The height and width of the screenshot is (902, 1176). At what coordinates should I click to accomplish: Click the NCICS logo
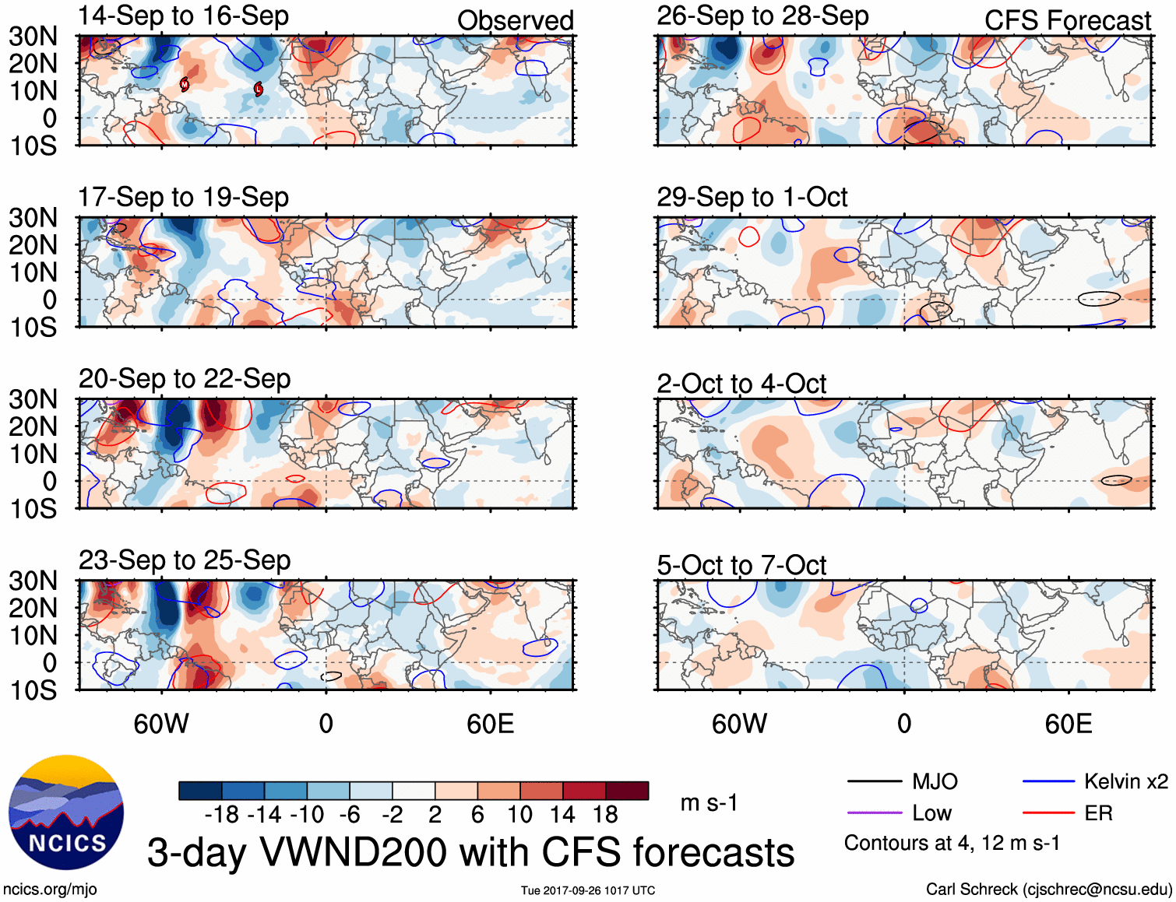point(66,813)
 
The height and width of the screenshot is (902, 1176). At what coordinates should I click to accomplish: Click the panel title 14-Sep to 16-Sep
point(184,16)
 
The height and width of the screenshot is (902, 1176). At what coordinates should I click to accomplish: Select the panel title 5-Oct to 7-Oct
point(741,565)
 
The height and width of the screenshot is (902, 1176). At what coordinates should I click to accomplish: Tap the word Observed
point(516,21)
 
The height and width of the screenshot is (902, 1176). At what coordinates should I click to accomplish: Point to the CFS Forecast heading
point(1068,21)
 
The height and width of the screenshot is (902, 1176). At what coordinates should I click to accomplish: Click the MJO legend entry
point(935,781)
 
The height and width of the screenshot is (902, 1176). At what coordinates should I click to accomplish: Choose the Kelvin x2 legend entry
point(1126,781)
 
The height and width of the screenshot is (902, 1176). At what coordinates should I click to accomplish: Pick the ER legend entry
point(1098,813)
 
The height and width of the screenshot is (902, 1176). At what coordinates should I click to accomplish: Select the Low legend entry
point(932,813)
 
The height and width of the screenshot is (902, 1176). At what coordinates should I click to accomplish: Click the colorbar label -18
point(222,815)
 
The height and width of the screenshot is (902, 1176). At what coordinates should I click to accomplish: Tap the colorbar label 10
point(519,815)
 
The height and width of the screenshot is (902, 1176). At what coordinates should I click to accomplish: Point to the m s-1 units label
point(709,802)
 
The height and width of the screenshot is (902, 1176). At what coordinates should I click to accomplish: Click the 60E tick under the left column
point(491,725)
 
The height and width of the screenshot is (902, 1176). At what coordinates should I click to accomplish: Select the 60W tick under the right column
point(740,725)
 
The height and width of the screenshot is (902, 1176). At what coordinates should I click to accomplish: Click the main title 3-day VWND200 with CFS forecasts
point(470,852)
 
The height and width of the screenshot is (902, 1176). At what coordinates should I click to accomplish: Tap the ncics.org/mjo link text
point(50,890)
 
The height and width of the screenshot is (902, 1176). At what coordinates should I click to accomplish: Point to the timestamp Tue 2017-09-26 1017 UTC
point(588,890)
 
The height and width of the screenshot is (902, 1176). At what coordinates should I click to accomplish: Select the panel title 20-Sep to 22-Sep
point(185,379)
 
